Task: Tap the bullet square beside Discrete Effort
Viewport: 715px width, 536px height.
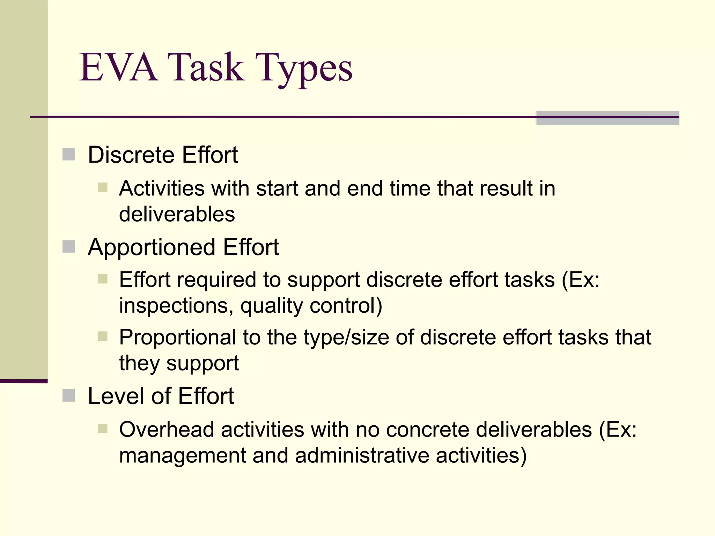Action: pos(69,154)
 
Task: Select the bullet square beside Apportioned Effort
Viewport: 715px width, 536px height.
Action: pos(69,247)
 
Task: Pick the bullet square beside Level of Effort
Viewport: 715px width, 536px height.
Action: pos(69,395)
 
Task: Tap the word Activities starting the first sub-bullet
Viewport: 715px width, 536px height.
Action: pos(162,188)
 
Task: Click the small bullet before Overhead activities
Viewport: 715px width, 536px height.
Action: pos(103,429)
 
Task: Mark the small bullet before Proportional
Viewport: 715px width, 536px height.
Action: pos(103,336)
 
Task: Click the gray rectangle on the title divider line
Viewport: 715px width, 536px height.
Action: pos(607,118)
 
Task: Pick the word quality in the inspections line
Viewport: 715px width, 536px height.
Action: pos(272,306)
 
